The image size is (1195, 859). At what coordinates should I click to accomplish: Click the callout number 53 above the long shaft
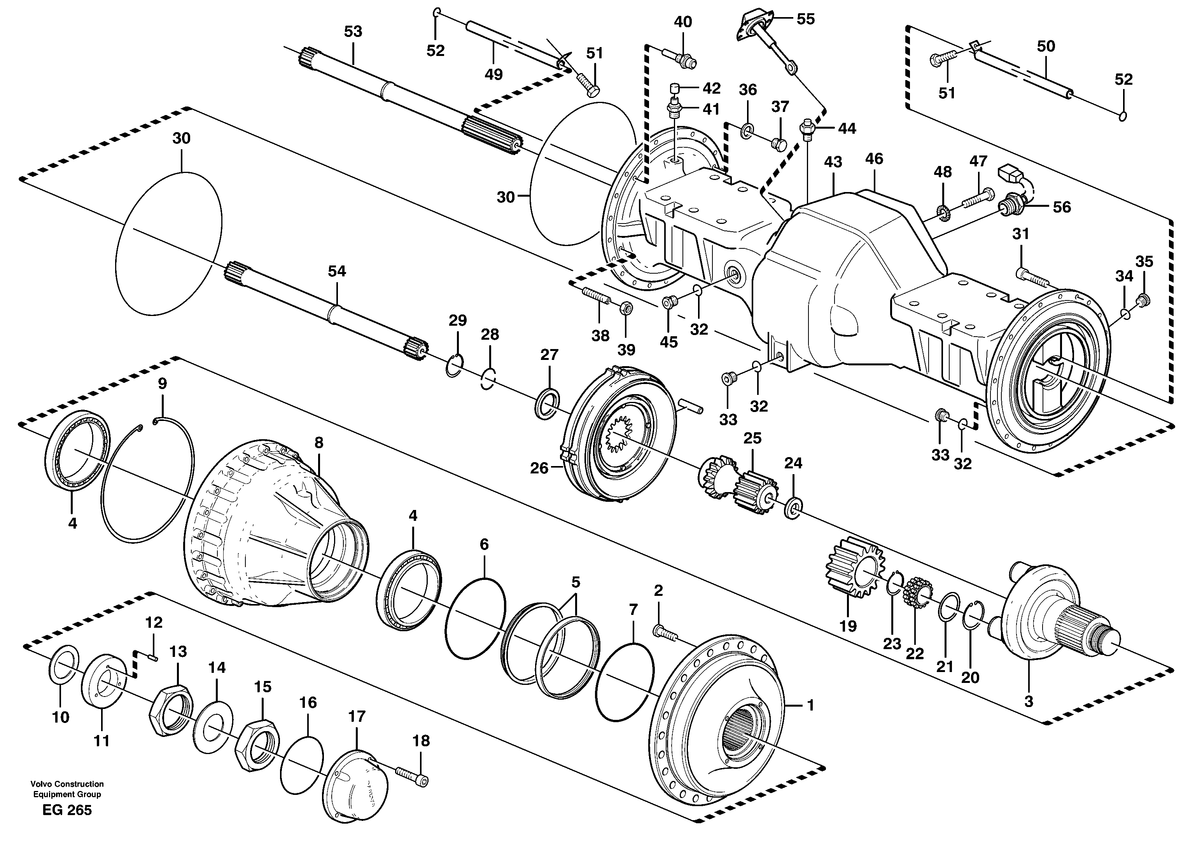(353, 31)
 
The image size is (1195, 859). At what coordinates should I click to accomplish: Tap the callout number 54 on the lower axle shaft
(337, 271)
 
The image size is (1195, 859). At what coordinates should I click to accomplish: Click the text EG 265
(67, 810)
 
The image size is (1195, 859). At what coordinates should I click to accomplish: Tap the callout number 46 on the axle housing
(873, 159)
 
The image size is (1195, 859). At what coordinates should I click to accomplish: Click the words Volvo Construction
(67, 784)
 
